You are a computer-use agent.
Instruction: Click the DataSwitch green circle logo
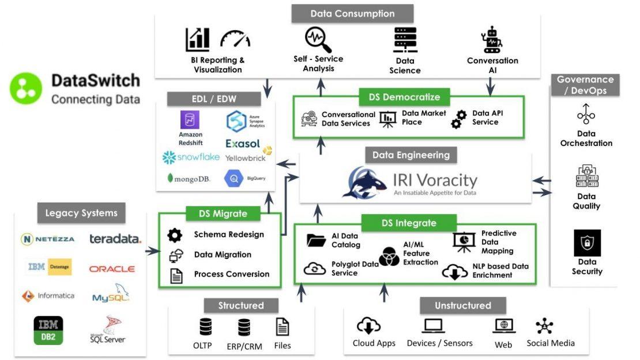pyautogui.click(x=26, y=89)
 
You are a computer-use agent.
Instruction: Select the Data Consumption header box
pyautogui.click(x=352, y=14)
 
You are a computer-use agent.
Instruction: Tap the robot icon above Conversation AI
pyautogui.click(x=492, y=40)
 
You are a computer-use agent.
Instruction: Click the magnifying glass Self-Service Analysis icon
pyautogui.click(x=318, y=40)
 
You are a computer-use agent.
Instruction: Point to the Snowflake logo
pyautogui.click(x=191, y=157)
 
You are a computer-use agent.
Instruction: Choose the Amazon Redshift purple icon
pyautogui.click(x=190, y=121)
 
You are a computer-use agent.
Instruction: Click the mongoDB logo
pyautogui.click(x=189, y=179)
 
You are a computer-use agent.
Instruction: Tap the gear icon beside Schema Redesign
pyautogui.click(x=175, y=235)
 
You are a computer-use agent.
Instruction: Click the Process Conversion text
pyautogui.click(x=231, y=274)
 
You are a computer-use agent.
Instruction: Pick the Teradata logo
pyautogui.click(x=115, y=239)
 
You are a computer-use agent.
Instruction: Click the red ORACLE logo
pyautogui.click(x=112, y=269)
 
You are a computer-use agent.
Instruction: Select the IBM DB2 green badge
pyautogui.click(x=48, y=330)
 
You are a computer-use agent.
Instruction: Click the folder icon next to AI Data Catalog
pyautogui.click(x=316, y=240)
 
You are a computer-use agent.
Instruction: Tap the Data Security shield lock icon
pyautogui.click(x=587, y=243)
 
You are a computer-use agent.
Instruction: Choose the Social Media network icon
pyautogui.click(x=544, y=327)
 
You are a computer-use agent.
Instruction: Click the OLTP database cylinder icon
pyautogui.click(x=205, y=327)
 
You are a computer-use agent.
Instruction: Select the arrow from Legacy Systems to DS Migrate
pyautogui.click(x=151, y=251)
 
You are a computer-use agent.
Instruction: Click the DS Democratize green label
pyautogui.click(x=408, y=97)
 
